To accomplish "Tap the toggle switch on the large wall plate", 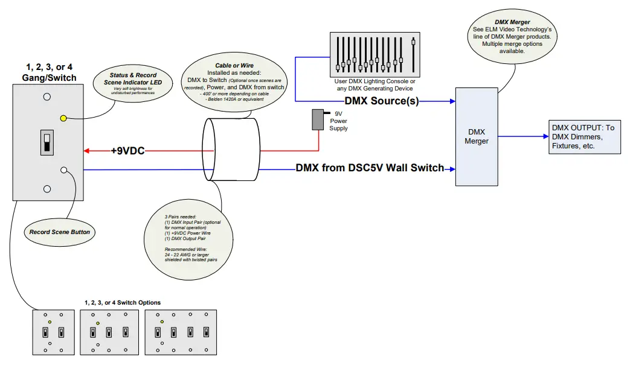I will pos(47,142).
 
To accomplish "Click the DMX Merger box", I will pos(476,137).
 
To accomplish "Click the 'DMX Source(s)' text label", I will pos(381,101).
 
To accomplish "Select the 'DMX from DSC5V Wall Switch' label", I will pos(370,168).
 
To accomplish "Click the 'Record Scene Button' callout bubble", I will pos(60,231).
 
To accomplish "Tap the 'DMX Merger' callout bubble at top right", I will pos(512,38).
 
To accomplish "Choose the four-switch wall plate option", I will pos(181,331).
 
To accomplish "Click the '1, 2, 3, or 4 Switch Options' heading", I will pos(123,303).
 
